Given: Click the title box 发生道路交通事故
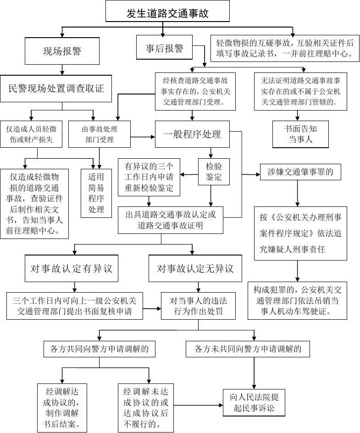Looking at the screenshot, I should coord(167,13).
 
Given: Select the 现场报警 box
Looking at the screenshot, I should coord(61,51).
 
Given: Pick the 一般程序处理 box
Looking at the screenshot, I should coord(192,134).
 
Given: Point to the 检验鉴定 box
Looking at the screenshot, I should coord(213,172).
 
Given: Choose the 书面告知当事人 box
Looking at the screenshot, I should coord(300,134).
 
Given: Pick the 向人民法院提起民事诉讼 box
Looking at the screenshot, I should coord(254,402).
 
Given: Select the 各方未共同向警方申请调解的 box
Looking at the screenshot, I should coord(248,349).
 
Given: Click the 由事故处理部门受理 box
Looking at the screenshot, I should coord(99,134).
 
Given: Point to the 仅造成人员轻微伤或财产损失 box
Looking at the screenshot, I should coord(32,134).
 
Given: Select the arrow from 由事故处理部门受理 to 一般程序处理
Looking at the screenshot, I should coord(143,136).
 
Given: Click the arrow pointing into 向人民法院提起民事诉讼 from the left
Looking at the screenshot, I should coord(197,405).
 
